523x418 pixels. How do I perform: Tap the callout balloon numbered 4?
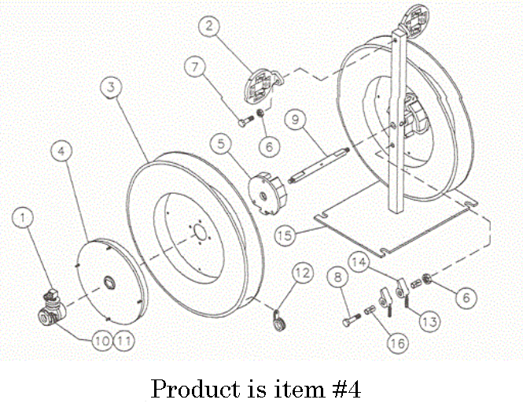[62, 149]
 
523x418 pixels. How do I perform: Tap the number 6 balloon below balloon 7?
[270, 146]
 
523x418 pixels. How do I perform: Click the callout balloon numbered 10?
[101, 340]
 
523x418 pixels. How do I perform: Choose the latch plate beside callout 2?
[260, 83]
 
